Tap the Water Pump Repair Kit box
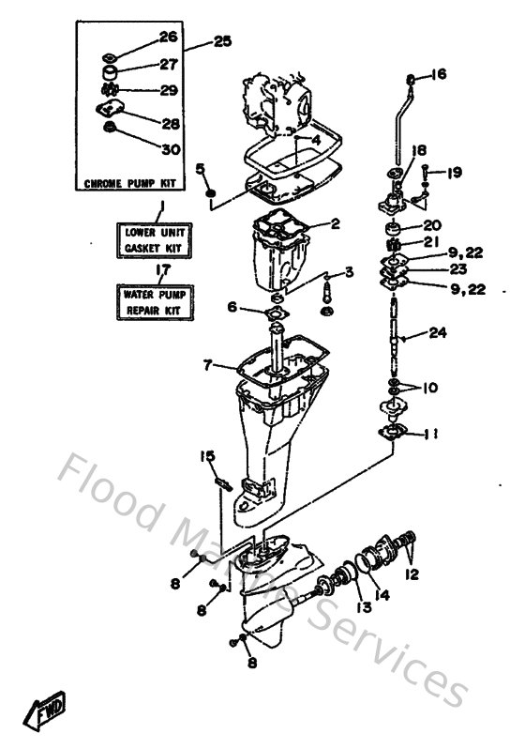coord(156,302)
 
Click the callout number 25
coord(221,41)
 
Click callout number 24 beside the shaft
coord(439,332)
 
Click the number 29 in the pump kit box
coord(168,90)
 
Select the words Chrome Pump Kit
coord(131,182)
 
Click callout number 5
coord(200,169)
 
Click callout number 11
coord(432,433)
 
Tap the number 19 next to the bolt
coord(455,173)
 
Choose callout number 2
coord(334,224)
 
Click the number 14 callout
coord(382,593)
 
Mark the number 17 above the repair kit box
coord(161,270)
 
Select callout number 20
coord(431,225)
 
